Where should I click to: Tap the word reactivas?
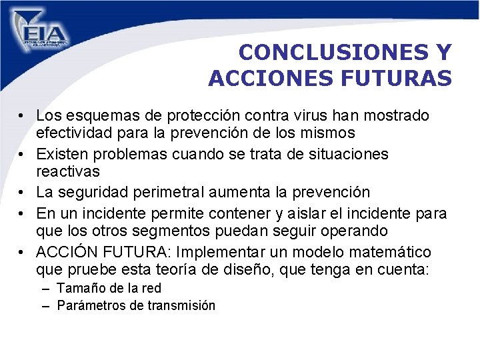click(67, 172)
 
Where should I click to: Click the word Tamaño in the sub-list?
click(80, 289)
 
